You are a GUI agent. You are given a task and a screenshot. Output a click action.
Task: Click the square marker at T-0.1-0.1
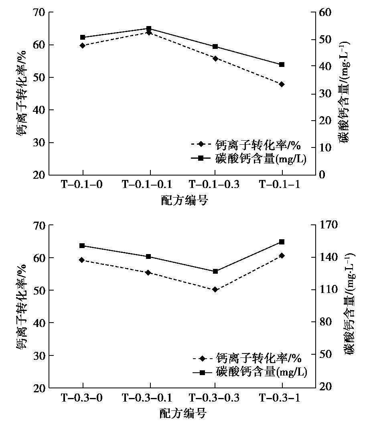(x=149, y=28)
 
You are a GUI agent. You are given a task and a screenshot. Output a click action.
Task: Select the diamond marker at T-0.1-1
(x=282, y=84)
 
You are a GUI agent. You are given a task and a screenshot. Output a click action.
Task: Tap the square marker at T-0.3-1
(x=282, y=242)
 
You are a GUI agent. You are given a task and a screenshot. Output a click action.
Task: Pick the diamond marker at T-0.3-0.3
(x=215, y=289)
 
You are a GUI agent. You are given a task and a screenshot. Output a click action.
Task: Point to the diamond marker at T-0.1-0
(x=83, y=46)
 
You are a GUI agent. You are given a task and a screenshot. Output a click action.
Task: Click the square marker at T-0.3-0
(x=82, y=246)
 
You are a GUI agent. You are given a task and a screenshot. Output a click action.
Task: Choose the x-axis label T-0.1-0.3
(x=214, y=185)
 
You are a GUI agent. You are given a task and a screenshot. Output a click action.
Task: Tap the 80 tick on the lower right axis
(x=333, y=322)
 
